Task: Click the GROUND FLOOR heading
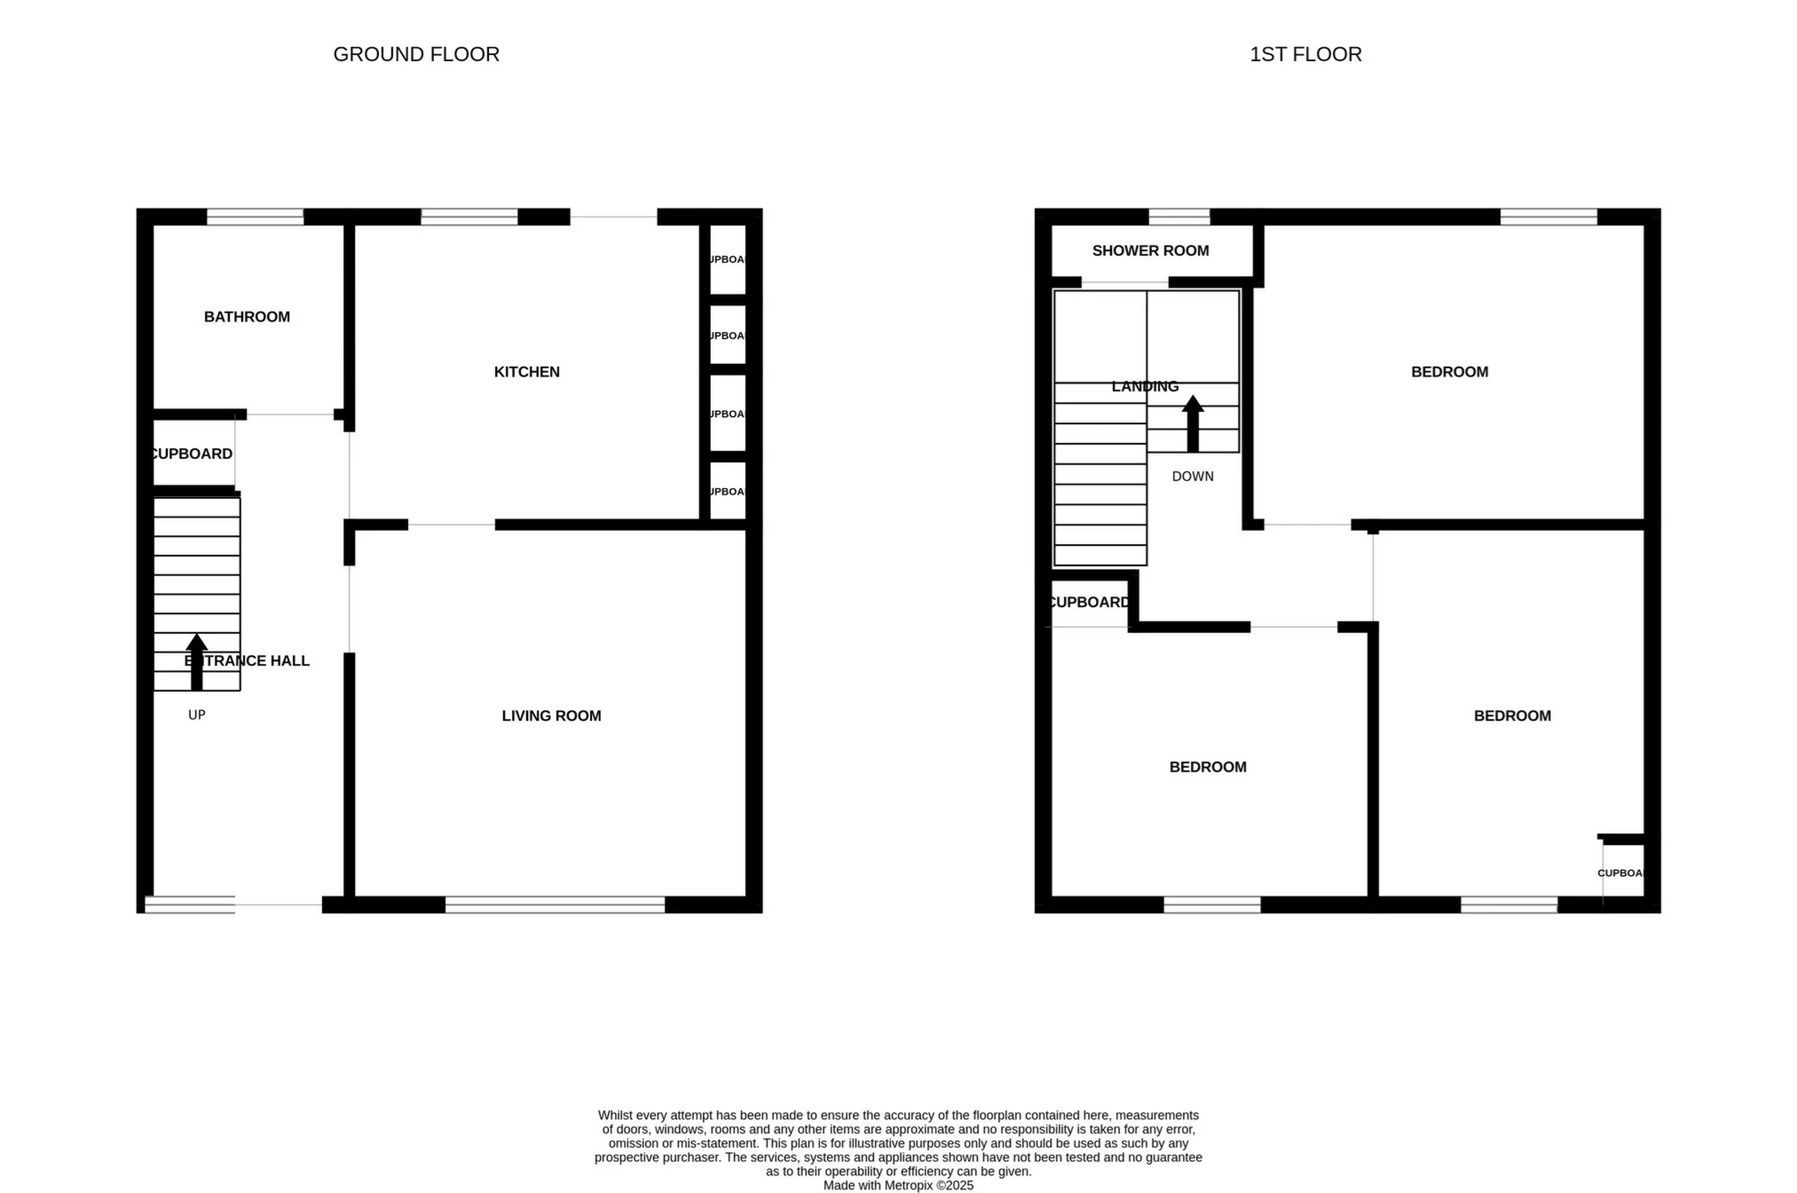(416, 54)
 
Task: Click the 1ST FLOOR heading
(1305, 54)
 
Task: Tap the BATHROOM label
(247, 317)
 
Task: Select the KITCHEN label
(526, 372)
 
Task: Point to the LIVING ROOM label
(551, 715)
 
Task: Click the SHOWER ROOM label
(1150, 250)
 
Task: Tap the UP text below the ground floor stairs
(196, 715)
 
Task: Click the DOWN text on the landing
(1192, 477)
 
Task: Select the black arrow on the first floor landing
(1193, 423)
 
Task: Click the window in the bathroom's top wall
(255, 217)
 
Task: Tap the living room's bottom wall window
(555, 905)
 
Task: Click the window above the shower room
(1178, 217)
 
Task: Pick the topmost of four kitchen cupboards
(728, 259)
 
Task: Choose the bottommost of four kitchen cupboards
(728, 491)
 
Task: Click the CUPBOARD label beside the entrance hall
(192, 454)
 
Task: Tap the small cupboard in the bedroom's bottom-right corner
(1622, 873)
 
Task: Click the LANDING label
(1145, 386)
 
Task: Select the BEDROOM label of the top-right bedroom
(1449, 372)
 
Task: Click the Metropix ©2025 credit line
(898, 1185)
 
